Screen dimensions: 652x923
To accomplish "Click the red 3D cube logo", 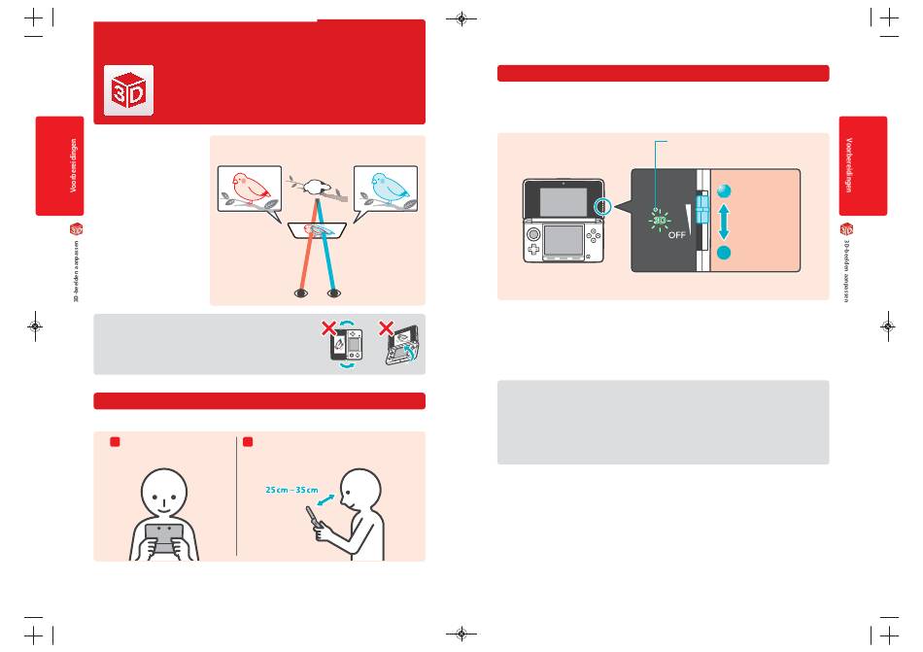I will point(129,91).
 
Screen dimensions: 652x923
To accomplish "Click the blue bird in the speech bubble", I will point(386,186).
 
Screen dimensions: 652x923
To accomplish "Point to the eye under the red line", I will point(301,292).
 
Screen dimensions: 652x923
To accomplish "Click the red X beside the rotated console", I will point(328,327).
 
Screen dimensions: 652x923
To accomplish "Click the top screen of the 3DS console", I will point(563,202).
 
